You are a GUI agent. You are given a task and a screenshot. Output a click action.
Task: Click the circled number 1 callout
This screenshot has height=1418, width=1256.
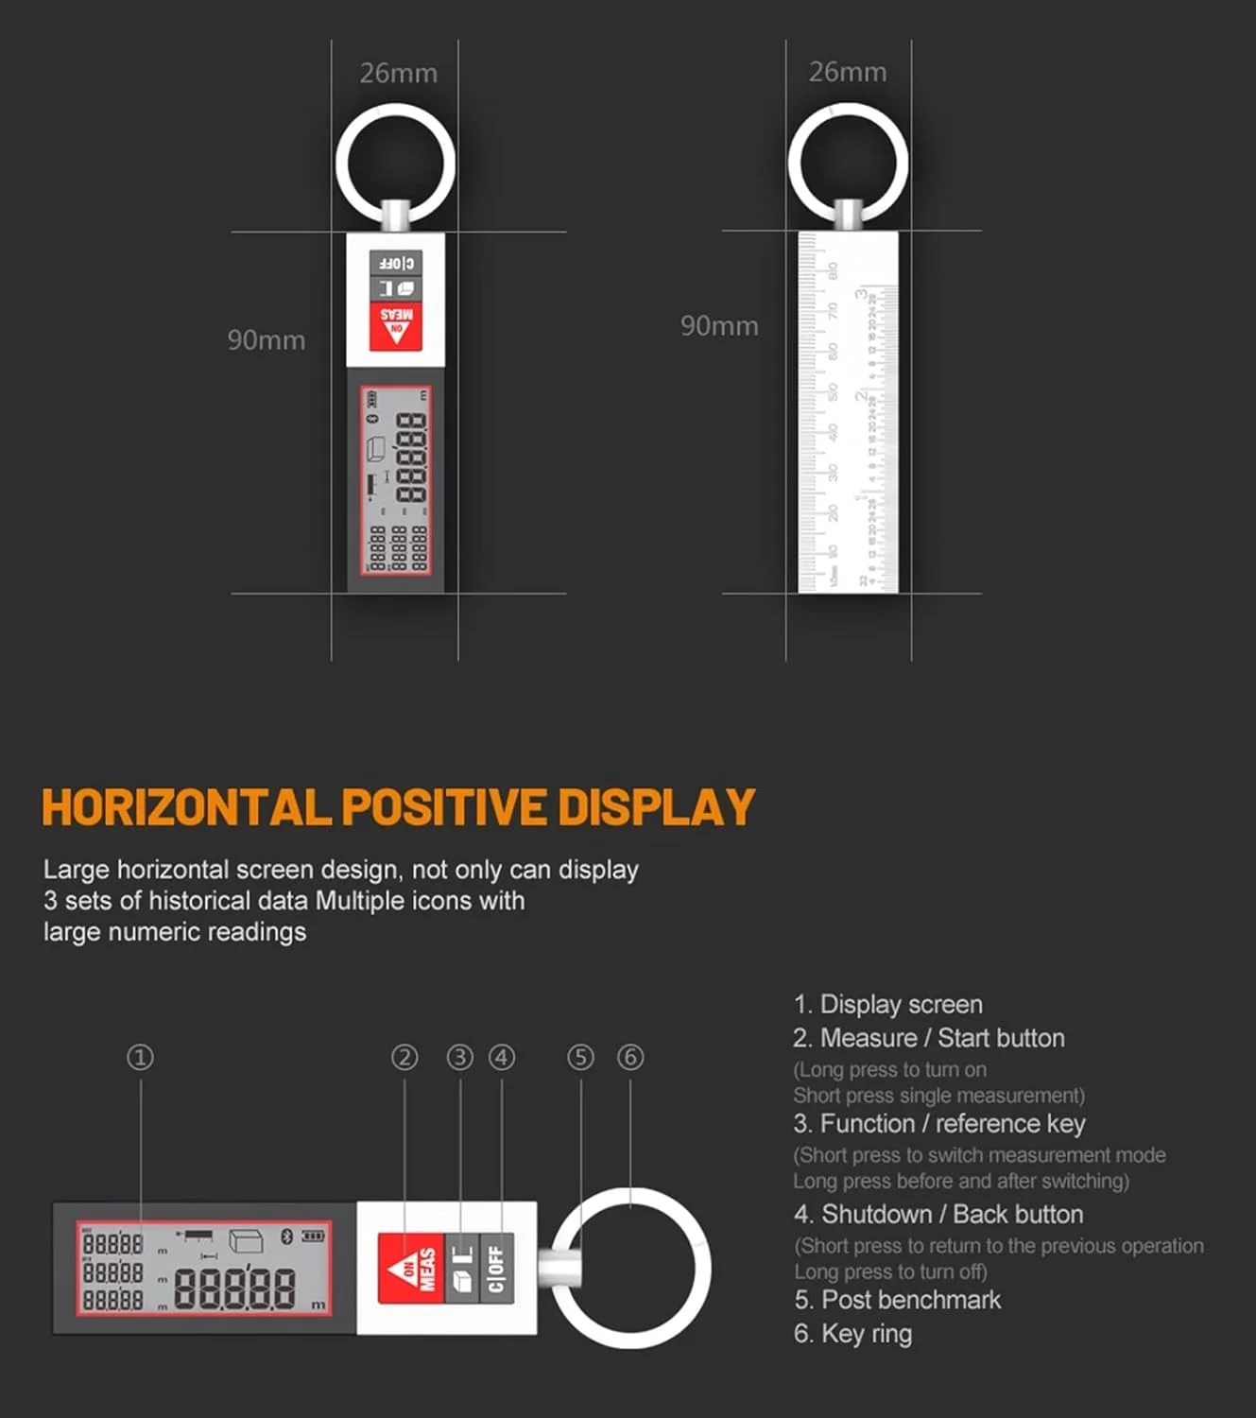coord(140,1057)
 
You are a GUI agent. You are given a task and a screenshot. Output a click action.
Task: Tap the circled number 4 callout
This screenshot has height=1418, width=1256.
coord(501,1057)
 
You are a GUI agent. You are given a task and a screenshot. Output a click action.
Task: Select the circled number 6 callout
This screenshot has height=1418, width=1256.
coord(630,1057)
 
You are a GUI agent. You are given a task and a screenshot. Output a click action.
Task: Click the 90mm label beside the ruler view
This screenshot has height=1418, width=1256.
coord(719,326)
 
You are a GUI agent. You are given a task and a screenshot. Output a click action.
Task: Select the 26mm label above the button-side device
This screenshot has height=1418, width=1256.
coord(398,74)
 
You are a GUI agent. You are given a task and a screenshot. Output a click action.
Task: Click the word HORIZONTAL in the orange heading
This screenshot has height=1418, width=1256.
coord(186,808)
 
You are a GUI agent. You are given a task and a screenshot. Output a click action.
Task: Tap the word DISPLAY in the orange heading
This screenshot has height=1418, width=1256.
coord(656,808)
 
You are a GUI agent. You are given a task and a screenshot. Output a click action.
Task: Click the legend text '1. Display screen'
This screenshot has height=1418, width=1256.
coord(887,1004)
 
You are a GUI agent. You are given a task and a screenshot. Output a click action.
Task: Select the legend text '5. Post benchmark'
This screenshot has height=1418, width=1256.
coord(897,1300)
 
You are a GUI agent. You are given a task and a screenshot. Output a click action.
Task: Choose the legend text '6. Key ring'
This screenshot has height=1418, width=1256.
coord(852,1334)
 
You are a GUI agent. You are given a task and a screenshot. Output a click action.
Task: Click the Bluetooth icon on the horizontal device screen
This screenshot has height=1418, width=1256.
coord(287,1236)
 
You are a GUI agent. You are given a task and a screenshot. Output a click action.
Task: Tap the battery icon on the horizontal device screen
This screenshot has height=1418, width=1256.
coord(313,1236)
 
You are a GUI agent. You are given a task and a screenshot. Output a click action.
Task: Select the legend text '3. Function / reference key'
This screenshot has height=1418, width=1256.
coord(938,1124)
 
